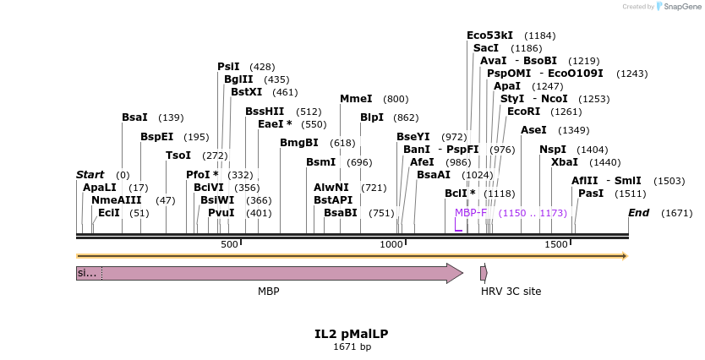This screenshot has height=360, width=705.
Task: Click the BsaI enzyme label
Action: (x=134, y=117)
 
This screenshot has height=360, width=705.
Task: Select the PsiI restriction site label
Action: (x=228, y=66)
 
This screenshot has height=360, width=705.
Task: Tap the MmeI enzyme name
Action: (x=356, y=99)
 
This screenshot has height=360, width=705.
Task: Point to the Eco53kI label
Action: (x=489, y=35)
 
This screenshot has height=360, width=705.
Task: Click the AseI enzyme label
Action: (x=533, y=130)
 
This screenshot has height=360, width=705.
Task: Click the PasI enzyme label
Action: (x=591, y=194)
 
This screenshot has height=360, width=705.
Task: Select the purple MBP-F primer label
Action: (x=471, y=213)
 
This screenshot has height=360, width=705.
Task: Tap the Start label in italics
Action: (x=90, y=175)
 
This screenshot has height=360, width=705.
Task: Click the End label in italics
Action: (x=638, y=213)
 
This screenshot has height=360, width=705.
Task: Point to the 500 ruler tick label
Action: (x=229, y=244)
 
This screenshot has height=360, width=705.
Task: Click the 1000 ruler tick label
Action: (x=391, y=244)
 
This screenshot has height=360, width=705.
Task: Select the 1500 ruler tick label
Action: (x=556, y=244)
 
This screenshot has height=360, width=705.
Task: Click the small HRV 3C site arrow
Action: (x=484, y=273)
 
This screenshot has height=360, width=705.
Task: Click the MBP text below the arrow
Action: (x=269, y=292)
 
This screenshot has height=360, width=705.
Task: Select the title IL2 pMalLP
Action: (x=352, y=334)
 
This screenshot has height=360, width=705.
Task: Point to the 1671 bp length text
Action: (x=352, y=346)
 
